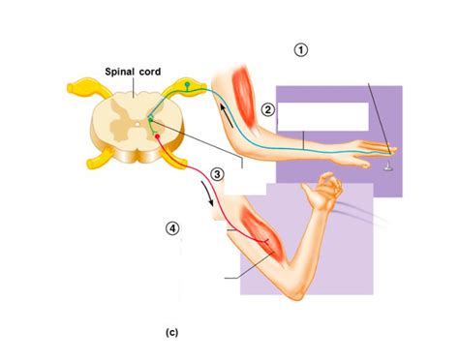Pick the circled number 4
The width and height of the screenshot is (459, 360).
pos(171,228)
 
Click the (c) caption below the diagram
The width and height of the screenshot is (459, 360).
pos(171,332)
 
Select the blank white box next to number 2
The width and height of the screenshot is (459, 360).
pos(322,116)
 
